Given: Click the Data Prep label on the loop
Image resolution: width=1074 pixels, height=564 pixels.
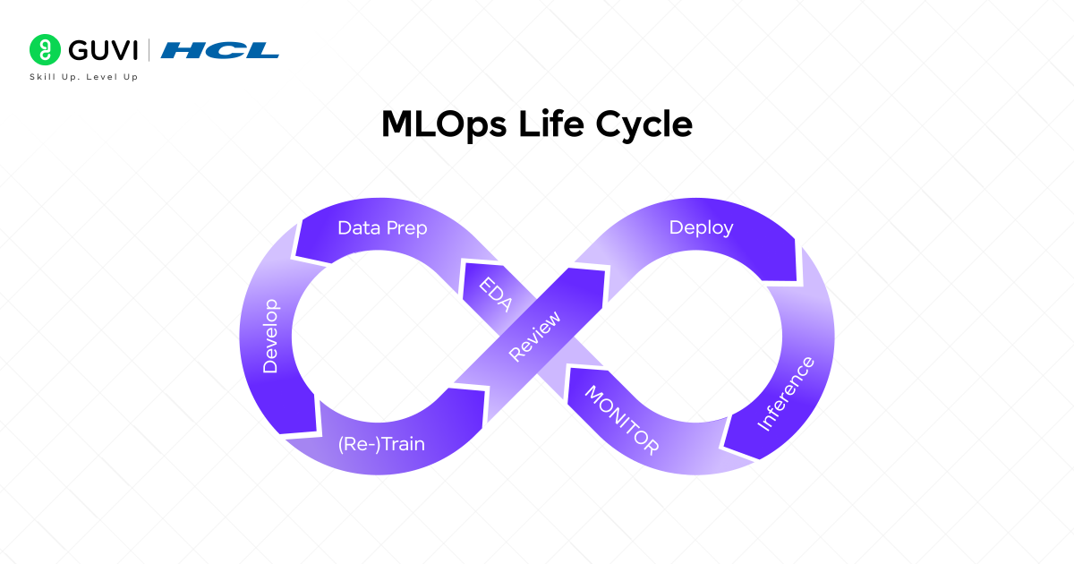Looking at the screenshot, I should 382,228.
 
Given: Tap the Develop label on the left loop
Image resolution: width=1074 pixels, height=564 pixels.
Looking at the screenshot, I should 270,337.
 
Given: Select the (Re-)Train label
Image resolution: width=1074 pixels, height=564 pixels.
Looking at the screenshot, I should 382,444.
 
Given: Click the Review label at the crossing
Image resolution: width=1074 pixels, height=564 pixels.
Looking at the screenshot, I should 534,336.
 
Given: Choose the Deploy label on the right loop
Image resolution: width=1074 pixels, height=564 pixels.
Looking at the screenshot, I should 701,227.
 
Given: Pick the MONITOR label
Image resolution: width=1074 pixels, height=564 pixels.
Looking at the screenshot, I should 621,420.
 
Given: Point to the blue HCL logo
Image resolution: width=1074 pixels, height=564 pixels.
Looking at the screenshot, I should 220,50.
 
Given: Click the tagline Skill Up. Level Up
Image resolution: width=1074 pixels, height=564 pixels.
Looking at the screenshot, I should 85,77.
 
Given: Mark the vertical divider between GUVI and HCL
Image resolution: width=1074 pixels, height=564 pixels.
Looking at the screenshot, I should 149,50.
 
